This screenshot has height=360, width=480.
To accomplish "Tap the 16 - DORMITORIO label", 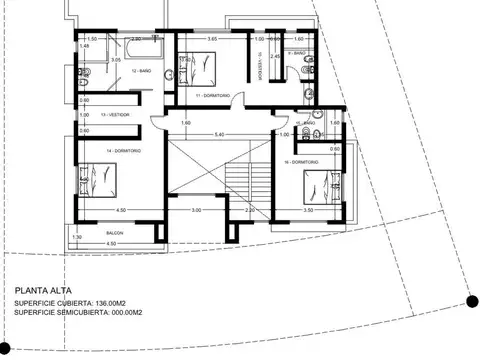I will pyautogui.click(x=300, y=160).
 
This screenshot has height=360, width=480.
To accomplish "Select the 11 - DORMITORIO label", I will pyautogui.click(x=212, y=95).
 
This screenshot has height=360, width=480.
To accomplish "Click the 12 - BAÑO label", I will pyautogui.click(x=140, y=72).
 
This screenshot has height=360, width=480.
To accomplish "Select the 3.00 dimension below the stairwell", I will pyautogui.click(x=197, y=210).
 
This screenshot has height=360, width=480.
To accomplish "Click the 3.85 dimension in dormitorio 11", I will pyautogui.click(x=212, y=38).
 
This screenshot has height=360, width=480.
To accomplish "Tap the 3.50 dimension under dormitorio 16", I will pyautogui.click(x=309, y=210).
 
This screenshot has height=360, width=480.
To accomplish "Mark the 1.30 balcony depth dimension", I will pyautogui.click(x=76, y=237).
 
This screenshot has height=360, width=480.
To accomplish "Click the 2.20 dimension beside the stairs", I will pyautogui.click(x=250, y=210).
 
